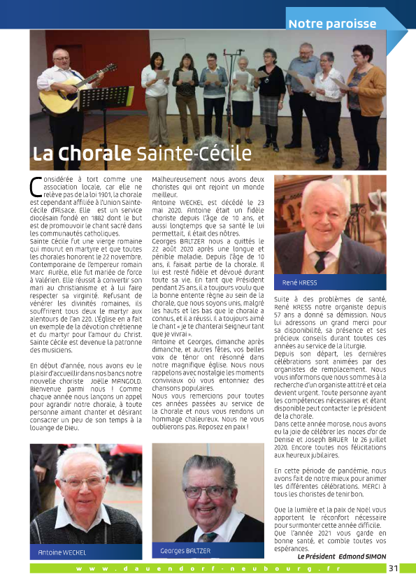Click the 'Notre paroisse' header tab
[332, 23]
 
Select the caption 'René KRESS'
[299, 282]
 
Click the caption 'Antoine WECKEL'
[62, 552]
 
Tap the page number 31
[394, 568]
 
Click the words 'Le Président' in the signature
[316, 557]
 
